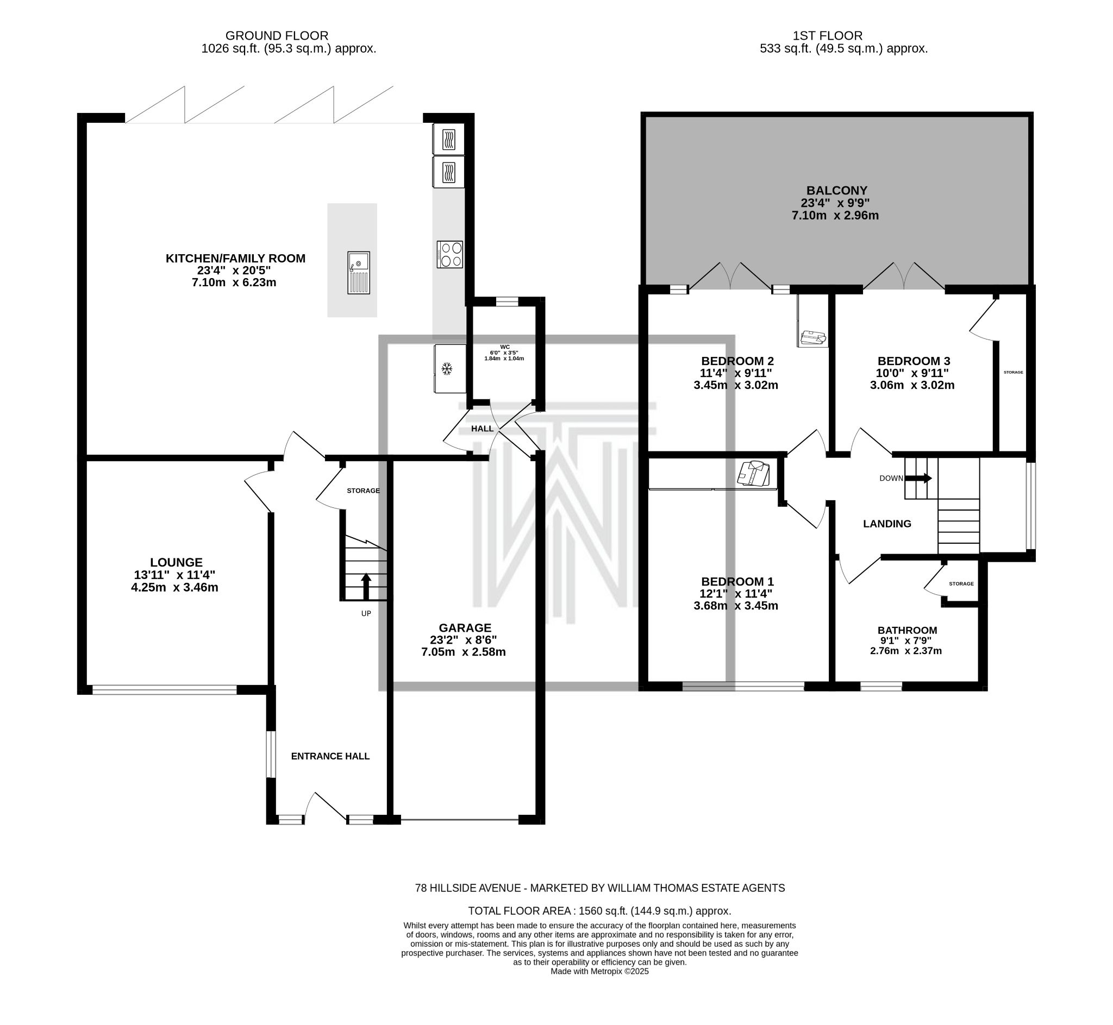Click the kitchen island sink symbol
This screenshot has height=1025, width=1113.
tap(359, 272)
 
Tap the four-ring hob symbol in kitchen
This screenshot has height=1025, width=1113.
tap(449, 255)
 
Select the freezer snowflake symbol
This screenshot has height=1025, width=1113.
tap(446, 368)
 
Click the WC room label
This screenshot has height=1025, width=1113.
tap(504, 347)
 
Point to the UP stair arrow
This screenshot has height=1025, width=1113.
tap(366, 586)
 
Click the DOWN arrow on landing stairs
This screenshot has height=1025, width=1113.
tap(919, 478)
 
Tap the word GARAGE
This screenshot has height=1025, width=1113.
tap(465, 627)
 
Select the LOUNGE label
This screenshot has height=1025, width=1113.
tap(176, 562)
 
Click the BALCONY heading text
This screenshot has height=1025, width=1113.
tap(837, 191)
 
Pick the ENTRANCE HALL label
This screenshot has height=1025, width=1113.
tap(330, 756)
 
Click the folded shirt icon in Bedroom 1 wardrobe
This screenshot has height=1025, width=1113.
tap(753, 474)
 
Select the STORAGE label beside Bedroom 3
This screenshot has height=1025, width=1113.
tap(1013, 372)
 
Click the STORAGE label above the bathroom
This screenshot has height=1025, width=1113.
tap(961, 583)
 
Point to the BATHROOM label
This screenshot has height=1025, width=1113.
tap(907, 630)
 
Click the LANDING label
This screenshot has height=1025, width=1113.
tap(886, 524)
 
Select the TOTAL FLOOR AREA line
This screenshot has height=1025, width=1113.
tap(599, 911)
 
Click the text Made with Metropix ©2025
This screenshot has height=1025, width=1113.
tap(599, 971)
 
